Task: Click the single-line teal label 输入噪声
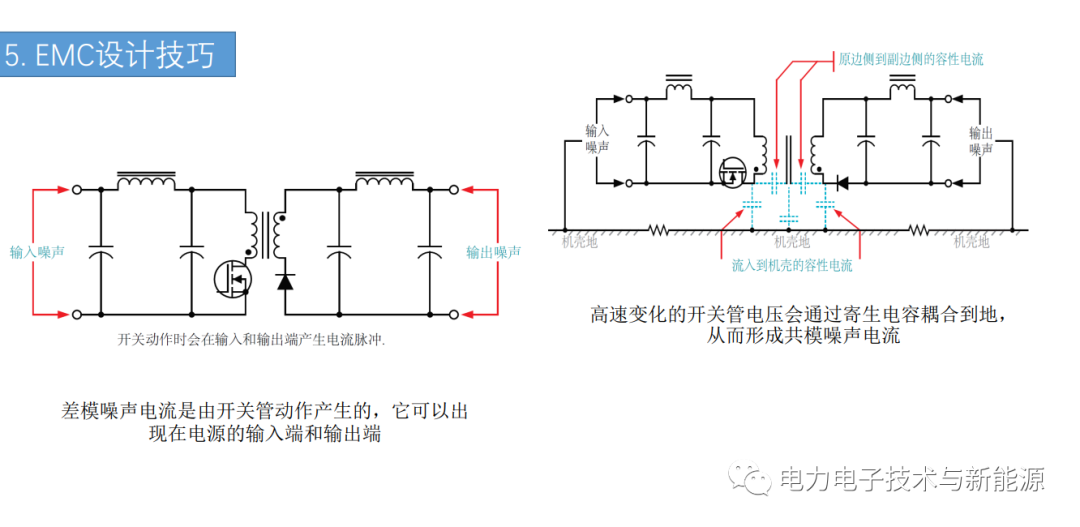(x=37, y=253)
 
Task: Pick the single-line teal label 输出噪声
(x=493, y=253)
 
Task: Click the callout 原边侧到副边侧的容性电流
(x=911, y=59)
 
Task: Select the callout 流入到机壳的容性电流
(x=796, y=265)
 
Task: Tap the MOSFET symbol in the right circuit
(x=733, y=172)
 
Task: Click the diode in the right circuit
(x=840, y=183)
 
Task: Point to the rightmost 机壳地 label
(x=971, y=242)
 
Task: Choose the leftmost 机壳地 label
(x=580, y=242)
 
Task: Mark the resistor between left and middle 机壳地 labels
(x=659, y=230)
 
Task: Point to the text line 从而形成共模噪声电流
(x=804, y=338)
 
